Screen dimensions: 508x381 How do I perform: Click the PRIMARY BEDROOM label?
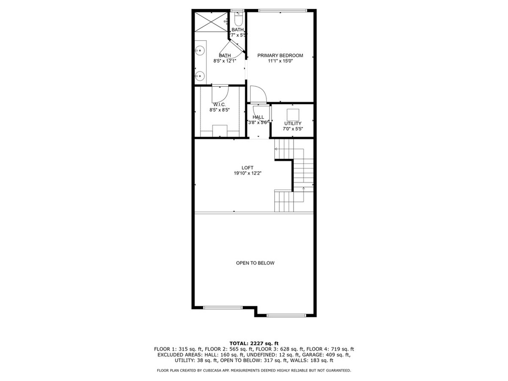280,56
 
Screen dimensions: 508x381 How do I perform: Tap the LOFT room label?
248,168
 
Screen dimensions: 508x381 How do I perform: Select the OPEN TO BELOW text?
255,263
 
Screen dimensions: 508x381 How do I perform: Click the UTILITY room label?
293,124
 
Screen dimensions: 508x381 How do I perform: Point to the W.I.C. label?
220,105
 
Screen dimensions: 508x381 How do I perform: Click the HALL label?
258,117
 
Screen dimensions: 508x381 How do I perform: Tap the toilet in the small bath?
239,20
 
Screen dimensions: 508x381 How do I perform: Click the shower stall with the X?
211,22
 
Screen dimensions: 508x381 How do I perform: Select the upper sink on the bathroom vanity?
200,51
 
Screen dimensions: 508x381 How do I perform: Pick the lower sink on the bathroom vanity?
200,76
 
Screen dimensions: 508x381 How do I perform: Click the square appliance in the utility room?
293,115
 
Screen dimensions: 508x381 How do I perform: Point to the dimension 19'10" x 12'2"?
248,173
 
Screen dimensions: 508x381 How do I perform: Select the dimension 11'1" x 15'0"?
280,61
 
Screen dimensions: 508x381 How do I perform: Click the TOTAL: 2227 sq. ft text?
254,343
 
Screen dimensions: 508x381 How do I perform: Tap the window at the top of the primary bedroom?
282,11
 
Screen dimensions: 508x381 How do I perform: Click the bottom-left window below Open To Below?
223,307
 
